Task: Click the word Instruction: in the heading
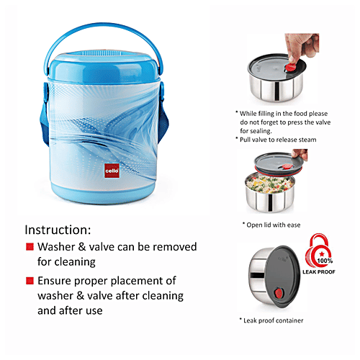(58, 230)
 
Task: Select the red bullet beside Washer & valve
(30, 247)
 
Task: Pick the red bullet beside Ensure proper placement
(30, 281)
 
